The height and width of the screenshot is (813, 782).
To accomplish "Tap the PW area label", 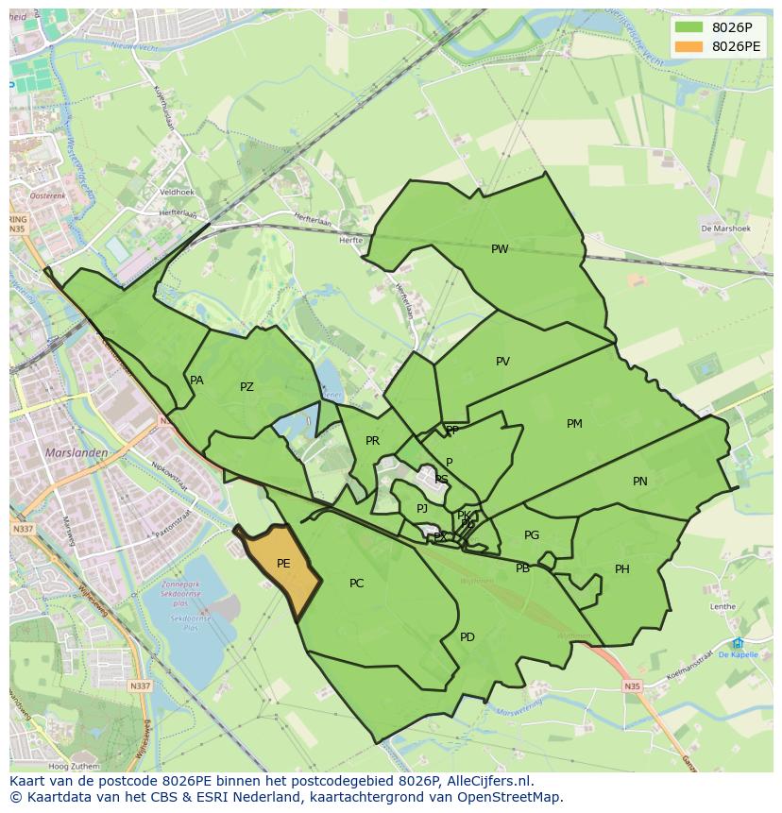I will [x=500, y=249].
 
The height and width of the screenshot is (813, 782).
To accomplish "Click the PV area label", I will [x=502, y=362].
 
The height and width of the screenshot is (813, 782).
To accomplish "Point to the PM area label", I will [x=574, y=424].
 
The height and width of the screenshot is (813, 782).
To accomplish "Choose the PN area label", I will [x=640, y=482].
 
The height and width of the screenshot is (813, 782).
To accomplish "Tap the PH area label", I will [x=622, y=569].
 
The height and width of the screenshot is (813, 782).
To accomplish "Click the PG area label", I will [x=532, y=535].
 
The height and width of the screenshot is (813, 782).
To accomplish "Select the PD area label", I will [x=467, y=637].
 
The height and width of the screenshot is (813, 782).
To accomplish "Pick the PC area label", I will [x=356, y=584].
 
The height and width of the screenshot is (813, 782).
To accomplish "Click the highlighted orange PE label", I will [x=283, y=564].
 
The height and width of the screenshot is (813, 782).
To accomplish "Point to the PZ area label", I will [x=246, y=387].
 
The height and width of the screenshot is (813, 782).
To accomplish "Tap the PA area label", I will [x=196, y=381].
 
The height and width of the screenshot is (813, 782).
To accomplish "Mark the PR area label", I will [x=372, y=441].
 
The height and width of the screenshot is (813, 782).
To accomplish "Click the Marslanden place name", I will [x=76, y=452].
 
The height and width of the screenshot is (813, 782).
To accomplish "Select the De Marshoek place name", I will [x=725, y=229].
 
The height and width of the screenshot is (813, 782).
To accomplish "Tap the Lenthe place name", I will [x=722, y=607].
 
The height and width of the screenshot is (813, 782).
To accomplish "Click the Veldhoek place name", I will [x=177, y=192].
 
